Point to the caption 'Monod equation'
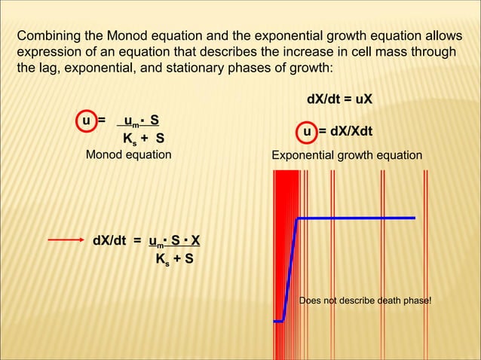tap(128, 155)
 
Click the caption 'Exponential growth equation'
tap(347, 155)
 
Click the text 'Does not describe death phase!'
tap(366, 301)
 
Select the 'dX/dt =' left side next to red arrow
tap(117, 241)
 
